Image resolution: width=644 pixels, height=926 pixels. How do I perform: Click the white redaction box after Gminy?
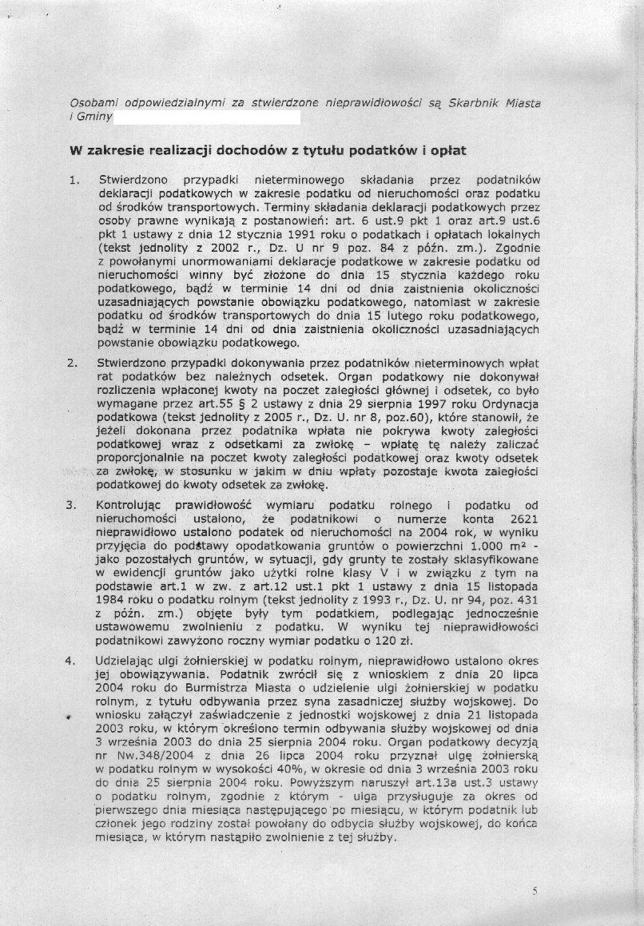(207, 117)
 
